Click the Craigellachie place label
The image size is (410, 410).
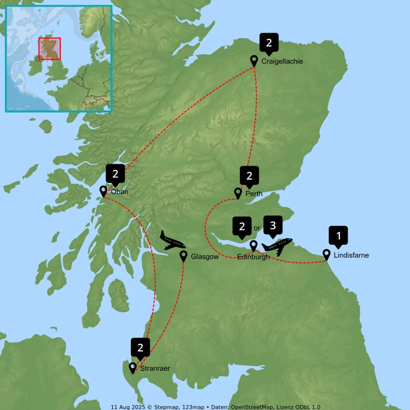[282, 62]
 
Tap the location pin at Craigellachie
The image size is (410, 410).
[254, 60]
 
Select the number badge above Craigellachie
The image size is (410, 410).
[269, 42]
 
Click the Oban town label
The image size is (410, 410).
[119, 192]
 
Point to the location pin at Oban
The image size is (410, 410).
[103, 191]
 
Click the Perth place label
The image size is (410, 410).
[254, 194]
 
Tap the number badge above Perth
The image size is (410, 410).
[249, 176]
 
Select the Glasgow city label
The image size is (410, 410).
[205, 257]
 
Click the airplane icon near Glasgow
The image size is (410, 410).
[172, 241]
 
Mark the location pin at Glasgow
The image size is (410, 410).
[184, 255]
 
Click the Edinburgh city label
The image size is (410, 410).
[253, 257]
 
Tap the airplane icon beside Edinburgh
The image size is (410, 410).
[277, 245]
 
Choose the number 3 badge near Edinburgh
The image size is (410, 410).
[272, 225]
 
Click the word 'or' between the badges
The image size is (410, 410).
[256, 228]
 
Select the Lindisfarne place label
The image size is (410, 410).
[351, 256]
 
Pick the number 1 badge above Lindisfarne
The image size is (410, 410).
[339, 235]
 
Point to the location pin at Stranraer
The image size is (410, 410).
[133, 367]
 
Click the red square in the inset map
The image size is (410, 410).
[49, 49]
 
